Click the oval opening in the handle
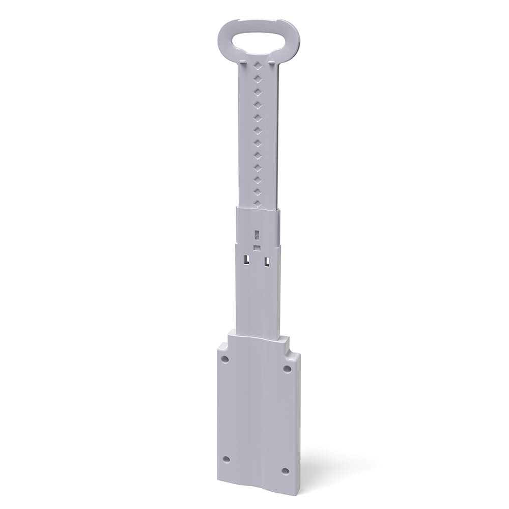point(258,38)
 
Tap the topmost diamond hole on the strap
point(258,66)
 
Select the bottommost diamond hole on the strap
point(258,203)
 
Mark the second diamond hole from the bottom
point(258,191)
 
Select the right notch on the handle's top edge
point(278,22)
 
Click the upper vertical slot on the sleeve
point(257,235)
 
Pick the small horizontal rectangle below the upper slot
point(257,247)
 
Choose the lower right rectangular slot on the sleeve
point(266,262)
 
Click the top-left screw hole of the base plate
point(225,359)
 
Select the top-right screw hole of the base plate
point(287,369)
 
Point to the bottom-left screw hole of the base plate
point(227,459)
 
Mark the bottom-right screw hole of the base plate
point(286,471)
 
